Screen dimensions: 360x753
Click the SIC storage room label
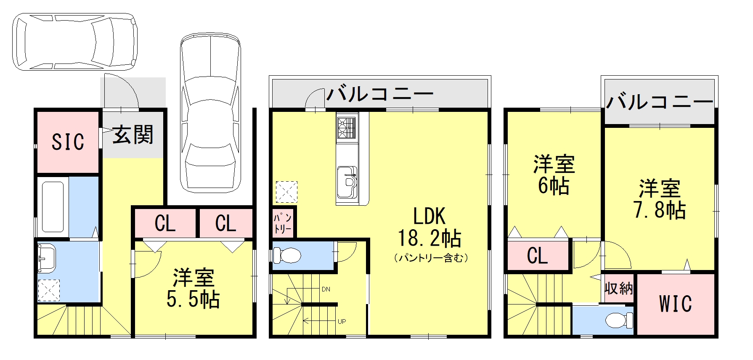pyautogui.click(x=68, y=142)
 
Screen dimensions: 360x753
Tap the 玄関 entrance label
pyautogui.click(x=133, y=135)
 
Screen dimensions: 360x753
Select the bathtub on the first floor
pyautogui.click(x=53, y=206)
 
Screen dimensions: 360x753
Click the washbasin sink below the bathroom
pyautogui.click(x=46, y=257)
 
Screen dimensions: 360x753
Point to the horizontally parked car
pyautogui.click(x=75, y=42)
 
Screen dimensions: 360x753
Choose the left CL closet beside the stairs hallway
pyautogui.click(x=165, y=223)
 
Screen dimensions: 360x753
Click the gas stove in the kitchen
pyautogui.click(x=347, y=127)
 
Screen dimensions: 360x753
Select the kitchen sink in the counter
pyautogui.click(x=347, y=181)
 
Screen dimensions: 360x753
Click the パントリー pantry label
pyautogui.click(x=283, y=223)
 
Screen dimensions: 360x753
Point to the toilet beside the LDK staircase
pyautogui.click(x=287, y=255)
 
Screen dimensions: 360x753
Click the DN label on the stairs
pyautogui.click(x=326, y=289)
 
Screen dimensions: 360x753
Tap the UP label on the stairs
pyautogui.click(x=342, y=322)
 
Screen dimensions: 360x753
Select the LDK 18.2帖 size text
pyautogui.click(x=430, y=238)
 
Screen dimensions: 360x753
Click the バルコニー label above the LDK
pyautogui.click(x=380, y=94)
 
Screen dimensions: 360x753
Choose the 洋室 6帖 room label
pyautogui.click(x=554, y=175)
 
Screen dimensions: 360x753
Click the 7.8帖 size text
pyautogui.click(x=660, y=210)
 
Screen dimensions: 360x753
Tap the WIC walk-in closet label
pyautogui.click(x=675, y=304)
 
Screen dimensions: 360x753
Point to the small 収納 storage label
pyautogui.click(x=618, y=289)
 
